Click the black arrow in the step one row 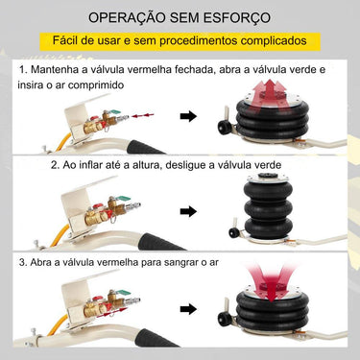(x=189, y=117)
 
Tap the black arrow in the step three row (x=189, y=308)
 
